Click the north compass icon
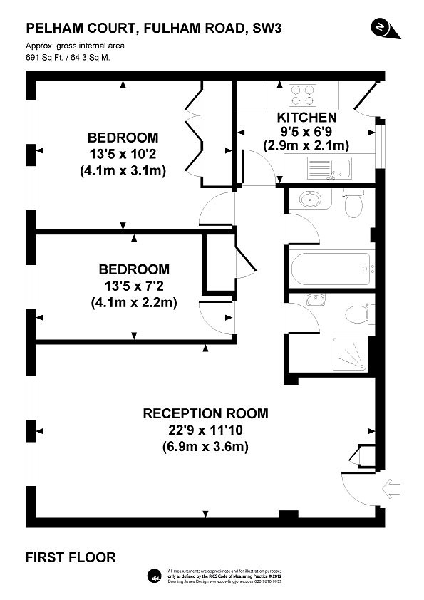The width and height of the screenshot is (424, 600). point(381,26)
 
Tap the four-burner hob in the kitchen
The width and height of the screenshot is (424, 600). point(303,95)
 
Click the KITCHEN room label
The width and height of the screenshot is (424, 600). point(306,117)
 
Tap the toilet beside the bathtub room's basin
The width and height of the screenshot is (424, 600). point(353,202)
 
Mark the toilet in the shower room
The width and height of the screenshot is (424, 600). point(354,313)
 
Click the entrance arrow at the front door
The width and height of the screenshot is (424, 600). point(392,488)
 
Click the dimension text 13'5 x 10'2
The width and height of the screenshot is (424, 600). point(123,154)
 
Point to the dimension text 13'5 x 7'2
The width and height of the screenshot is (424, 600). point(134,286)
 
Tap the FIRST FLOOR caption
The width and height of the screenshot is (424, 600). point(71,557)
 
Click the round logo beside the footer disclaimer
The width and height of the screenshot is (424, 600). point(155,576)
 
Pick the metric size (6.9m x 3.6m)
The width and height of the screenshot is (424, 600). point(205,447)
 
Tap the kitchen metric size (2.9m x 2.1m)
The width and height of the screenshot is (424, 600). point(306,145)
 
